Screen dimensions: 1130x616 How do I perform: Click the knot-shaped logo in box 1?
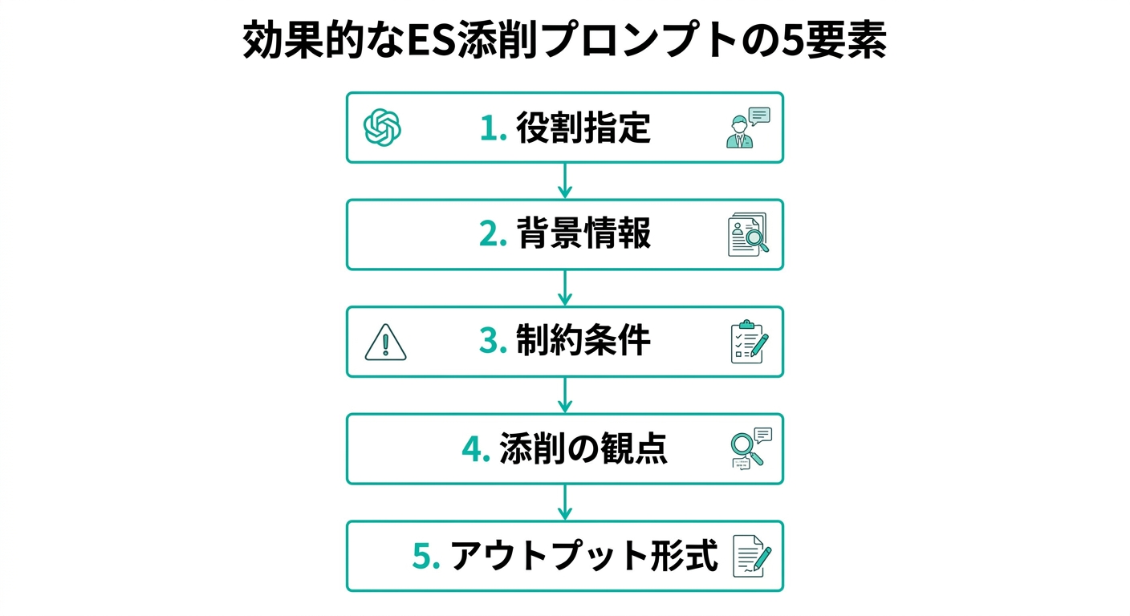pos(382,128)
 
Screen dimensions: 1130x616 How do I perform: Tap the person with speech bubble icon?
pos(748,128)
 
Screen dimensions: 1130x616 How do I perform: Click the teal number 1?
pos(493,128)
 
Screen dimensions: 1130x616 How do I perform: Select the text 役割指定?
pos(583,128)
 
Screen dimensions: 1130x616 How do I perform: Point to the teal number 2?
pos(493,234)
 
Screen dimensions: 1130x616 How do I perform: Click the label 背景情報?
pos(583,233)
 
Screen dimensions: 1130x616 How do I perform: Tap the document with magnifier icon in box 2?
pos(748,234)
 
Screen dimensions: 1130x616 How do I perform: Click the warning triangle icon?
pos(385,342)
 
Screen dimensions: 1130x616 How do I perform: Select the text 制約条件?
pos(583,340)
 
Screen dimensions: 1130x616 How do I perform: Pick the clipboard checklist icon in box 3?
pos(750,342)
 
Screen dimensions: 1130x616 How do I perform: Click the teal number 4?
pos(476,448)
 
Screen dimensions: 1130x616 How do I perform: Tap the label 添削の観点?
pos(583,448)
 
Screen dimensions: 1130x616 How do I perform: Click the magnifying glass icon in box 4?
pos(751,448)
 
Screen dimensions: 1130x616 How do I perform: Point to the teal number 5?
pos(426,556)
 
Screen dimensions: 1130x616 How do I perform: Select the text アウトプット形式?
pos(584,556)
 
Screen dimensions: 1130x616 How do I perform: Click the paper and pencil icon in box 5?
pos(752,556)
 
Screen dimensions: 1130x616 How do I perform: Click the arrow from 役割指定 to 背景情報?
pos(564,181)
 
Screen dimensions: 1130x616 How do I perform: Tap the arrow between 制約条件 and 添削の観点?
pos(564,395)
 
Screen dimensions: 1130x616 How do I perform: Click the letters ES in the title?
pos(431,39)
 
